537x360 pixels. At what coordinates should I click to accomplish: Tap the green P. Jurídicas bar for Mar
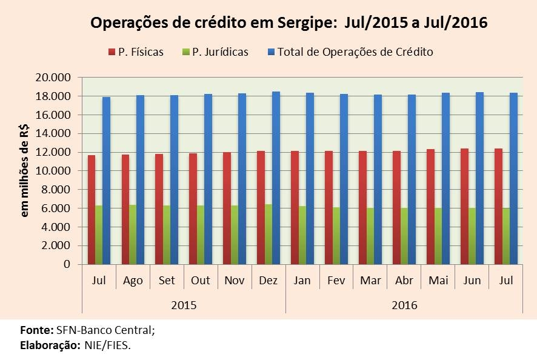(x=370, y=236)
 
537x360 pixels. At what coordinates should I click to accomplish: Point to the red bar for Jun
(x=464, y=206)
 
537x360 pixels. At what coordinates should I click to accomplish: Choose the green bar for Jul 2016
(x=505, y=236)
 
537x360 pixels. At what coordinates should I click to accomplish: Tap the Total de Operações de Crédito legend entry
(x=355, y=52)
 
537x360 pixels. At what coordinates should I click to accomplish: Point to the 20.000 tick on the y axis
(x=54, y=78)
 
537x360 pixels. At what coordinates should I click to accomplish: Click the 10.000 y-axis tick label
(x=54, y=171)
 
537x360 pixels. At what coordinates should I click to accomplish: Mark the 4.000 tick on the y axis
(x=56, y=227)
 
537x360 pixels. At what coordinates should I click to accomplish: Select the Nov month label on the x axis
(x=235, y=281)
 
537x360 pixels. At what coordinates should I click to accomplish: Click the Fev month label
(x=336, y=281)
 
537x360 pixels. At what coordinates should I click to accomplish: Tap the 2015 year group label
(x=184, y=304)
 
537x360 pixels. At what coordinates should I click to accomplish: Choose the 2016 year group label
(x=405, y=304)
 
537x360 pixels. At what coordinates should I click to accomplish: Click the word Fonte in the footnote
(x=36, y=331)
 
